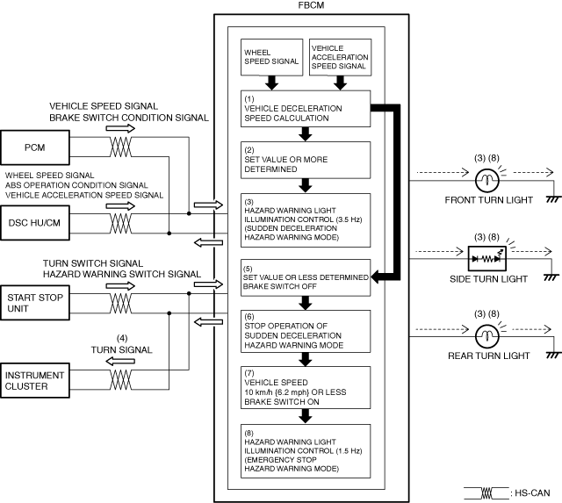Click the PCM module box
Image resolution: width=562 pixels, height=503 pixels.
(35, 147)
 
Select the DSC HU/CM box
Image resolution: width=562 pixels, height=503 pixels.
(35, 222)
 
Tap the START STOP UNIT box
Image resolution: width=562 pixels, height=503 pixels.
(35, 303)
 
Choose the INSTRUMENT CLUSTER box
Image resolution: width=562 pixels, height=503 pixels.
(35, 380)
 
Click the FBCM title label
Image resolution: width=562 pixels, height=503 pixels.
(311, 5)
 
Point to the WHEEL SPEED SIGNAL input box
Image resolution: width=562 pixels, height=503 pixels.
(271, 57)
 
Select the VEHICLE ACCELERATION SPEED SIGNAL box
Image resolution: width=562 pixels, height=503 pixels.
(340, 57)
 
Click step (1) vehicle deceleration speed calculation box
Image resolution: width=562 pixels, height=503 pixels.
(306, 109)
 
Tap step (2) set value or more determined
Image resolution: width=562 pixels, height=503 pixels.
(306, 160)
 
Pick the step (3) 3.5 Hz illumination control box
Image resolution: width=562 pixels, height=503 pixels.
(306, 220)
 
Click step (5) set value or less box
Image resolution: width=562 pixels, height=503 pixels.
(306, 277)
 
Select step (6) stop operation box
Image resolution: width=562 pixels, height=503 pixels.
(306, 332)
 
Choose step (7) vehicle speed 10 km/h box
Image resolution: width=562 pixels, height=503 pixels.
(306, 388)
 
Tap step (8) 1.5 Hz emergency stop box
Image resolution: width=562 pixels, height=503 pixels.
(306, 451)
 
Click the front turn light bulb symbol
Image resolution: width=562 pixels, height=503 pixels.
(486, 180)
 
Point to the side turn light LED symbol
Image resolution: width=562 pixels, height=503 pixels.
(487, 258)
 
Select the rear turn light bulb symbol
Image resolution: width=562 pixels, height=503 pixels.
(486, 336)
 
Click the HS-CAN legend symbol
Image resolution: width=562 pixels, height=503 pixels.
(486, 493)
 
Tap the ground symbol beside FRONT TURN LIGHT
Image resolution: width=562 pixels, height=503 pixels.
(553, 199)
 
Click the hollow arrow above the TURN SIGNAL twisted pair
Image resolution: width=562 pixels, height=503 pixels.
(120, 361)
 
